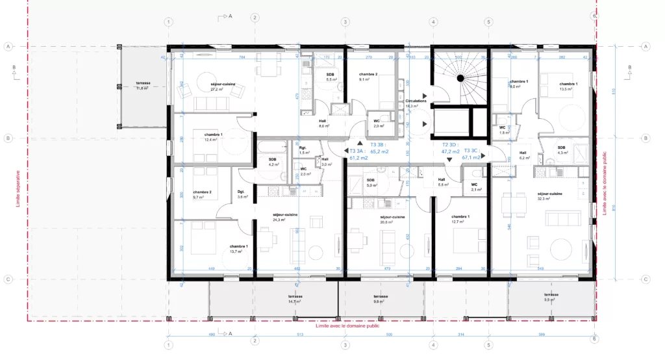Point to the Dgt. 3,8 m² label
pos(241,194)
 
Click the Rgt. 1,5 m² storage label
pos(303,149)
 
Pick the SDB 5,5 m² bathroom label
pos(330,77)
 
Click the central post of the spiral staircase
pos(460,79)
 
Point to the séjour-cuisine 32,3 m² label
pos(549,196)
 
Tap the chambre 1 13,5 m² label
pos(568,86)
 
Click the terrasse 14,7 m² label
pos(295,300)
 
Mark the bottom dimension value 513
pos(299,335)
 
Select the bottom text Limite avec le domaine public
pos(347,326)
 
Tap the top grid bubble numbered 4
pos(433,21)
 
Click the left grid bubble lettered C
pos(9,279)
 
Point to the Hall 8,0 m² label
pos(323,124)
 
